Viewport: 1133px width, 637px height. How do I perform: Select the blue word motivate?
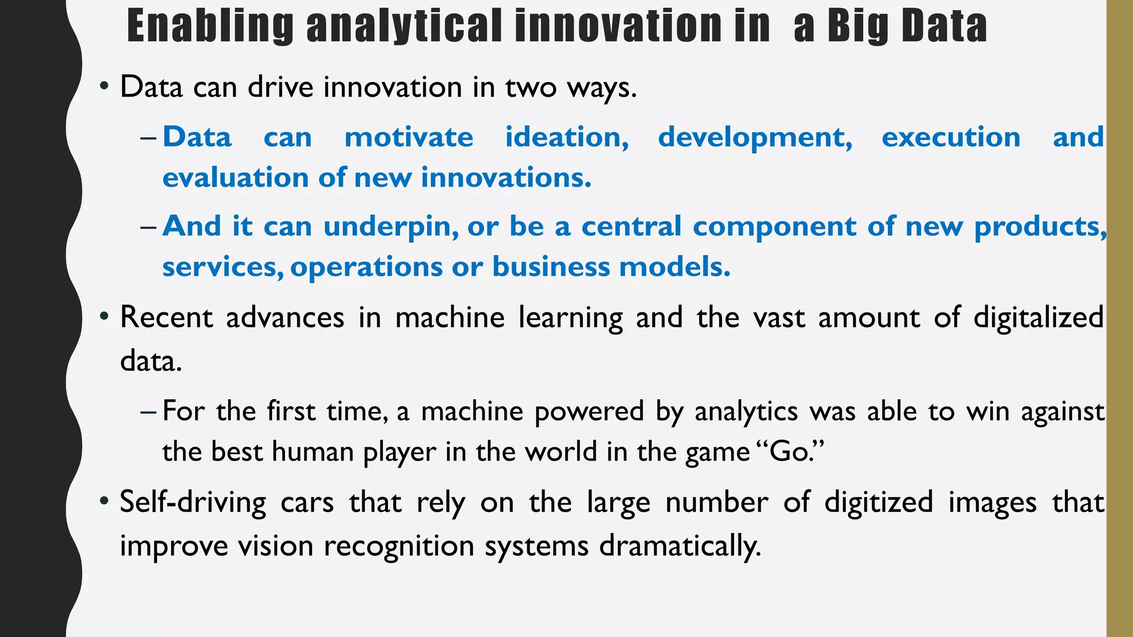coord(409,137)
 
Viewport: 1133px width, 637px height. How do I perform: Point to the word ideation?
coord(567,137)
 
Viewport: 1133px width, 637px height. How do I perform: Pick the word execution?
coord(951,137)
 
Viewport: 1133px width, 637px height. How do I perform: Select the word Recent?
coord(167,318)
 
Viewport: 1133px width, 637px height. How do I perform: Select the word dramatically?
coord(680,546)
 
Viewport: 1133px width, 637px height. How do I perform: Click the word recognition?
coord(399,546)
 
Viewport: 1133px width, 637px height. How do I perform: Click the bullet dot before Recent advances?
coord(104,317)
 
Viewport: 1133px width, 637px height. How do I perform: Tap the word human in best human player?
coord(313,452)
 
